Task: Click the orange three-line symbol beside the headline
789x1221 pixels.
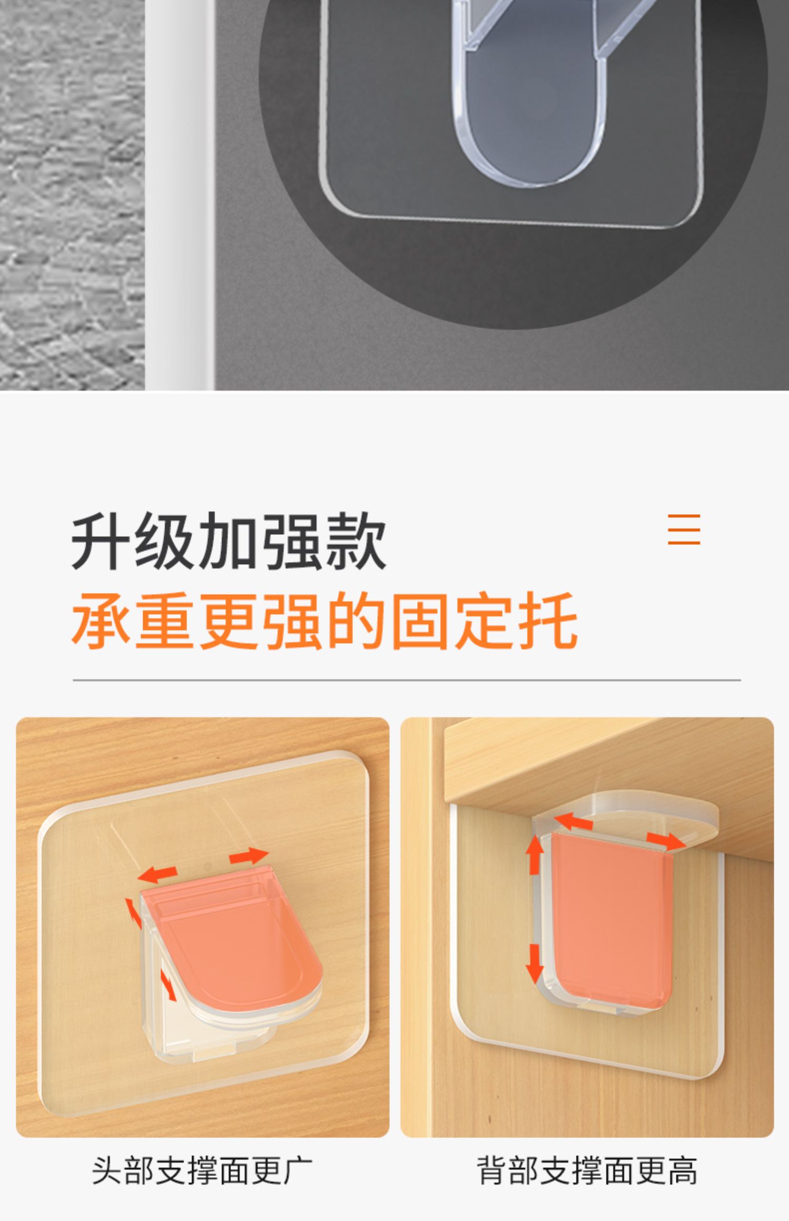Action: click(x=684, y=529)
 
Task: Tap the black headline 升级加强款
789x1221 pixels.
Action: click(x=229, y=541)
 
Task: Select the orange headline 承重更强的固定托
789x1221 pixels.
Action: click(x=325, y=620)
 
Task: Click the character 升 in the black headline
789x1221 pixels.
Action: click(x=101, y=541)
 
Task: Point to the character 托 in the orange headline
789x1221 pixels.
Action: click(x=549, y=620)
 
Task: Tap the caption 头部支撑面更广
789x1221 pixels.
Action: click(x=202, y=1171)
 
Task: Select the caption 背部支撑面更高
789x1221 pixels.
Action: click(x=587, y=1171)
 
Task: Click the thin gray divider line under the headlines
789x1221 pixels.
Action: click(x=407, y=680)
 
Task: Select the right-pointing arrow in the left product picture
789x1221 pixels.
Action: click(x=249, y=856)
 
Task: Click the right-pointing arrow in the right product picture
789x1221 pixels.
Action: click(x=666, y=841)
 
